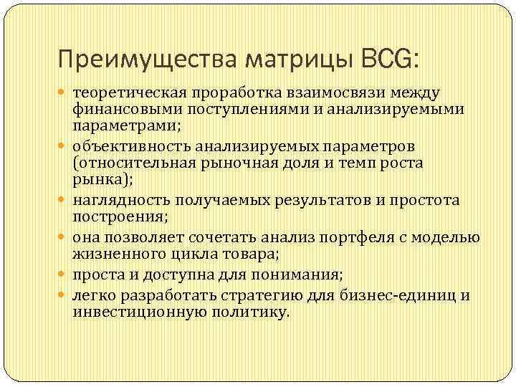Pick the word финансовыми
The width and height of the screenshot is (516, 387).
point(127,110)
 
